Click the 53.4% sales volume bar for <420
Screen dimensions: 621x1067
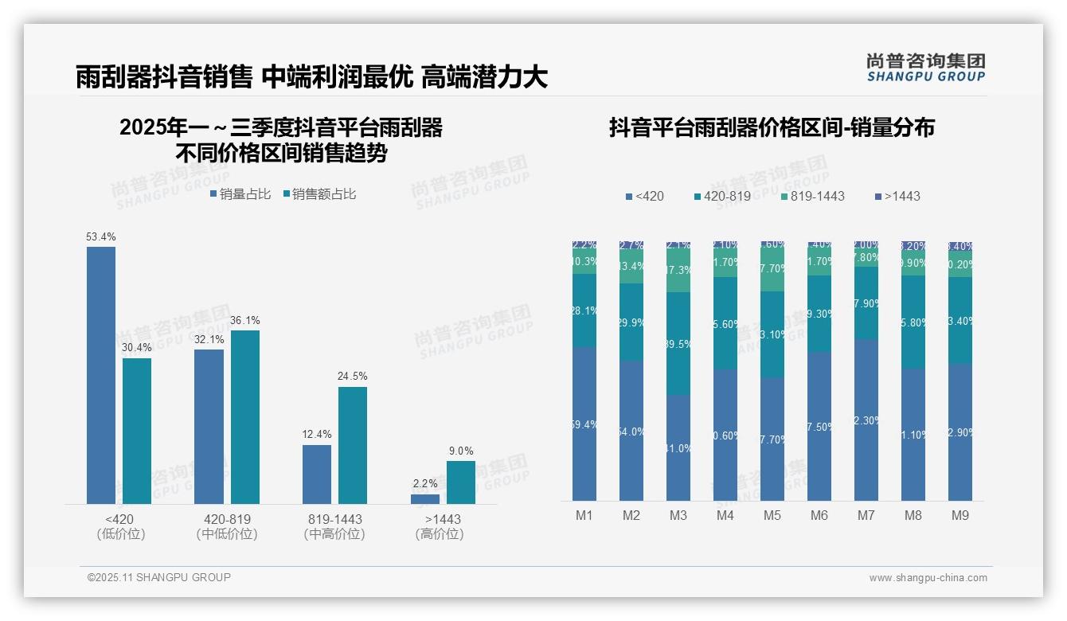[101, 375]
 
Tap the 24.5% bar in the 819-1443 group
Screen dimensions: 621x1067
[353, 445]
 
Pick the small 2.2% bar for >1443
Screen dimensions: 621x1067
[425, 499]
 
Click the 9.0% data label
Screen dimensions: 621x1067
[461, 451]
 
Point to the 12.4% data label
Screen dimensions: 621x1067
[317, 435]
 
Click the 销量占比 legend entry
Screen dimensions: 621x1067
[240, 194]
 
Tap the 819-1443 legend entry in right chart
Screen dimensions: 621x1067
[811, 196]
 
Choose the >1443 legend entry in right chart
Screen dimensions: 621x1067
[897, 196]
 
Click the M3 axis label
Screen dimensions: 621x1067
[678, 516]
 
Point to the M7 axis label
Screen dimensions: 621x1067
[866, 516]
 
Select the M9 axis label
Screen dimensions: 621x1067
[960, 516]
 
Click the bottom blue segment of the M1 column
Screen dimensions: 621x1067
[584, 424]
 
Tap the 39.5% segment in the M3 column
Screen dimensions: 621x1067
[678, 344]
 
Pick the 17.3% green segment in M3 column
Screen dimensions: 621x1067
[678, 271]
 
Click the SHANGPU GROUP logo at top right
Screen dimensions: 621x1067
[925, 68]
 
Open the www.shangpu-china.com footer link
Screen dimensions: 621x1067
[928, 578]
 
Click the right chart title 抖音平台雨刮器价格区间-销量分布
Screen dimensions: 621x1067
[772, 127]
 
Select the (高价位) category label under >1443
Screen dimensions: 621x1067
[440, 534]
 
